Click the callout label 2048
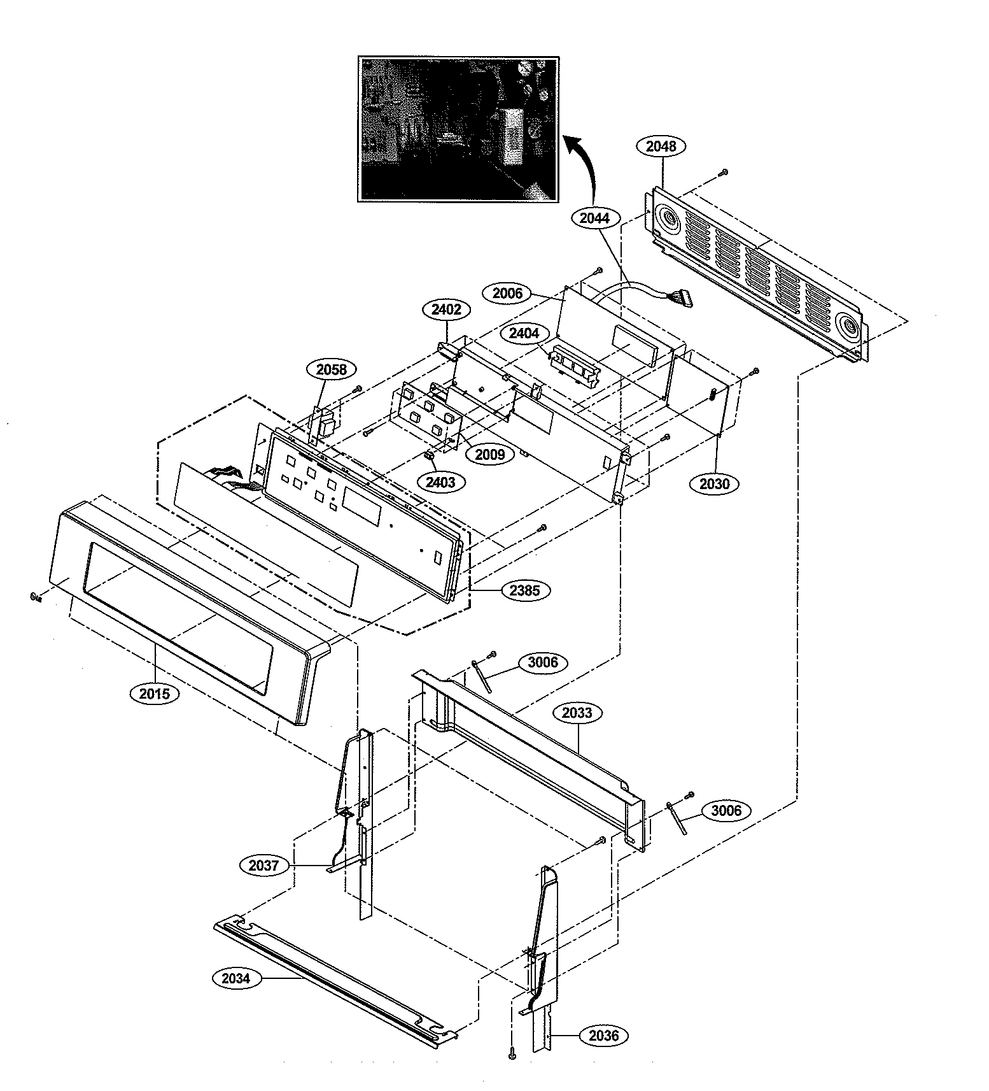pos(661,146)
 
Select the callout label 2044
pos(594,218)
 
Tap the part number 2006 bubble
pos(507,293)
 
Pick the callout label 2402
pos(446,310)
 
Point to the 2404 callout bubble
pos(524,333)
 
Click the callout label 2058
pos(331,369)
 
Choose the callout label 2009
pos(489,454)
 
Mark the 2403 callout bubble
pos(440,482)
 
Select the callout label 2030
pos(714,484)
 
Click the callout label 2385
pos(524,590)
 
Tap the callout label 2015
pos(155,694)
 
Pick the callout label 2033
pos(577,713)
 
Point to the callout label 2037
pos(263,865)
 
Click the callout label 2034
pos(236,978)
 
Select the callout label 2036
pos(603,1036)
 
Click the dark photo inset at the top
pos(458,129)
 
